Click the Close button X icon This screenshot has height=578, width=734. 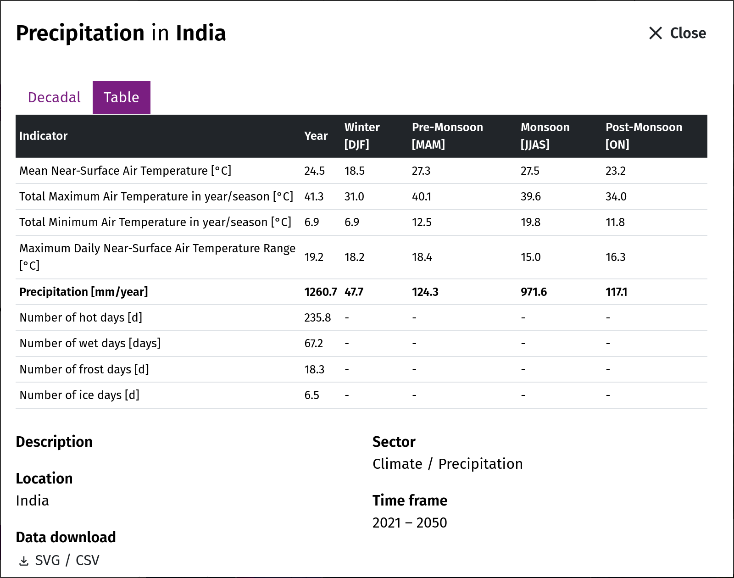pos(655,33)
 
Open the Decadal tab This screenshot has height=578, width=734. pos(54,97)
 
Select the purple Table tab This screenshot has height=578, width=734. pos(122,97)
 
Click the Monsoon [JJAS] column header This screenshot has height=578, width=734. pos(545,136)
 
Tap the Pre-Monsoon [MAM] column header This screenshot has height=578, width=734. pos(447,136)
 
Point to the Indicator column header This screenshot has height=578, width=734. pos(43,136)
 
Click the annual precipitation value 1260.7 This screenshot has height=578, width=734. pos(320,292)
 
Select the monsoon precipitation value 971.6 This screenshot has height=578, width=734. pos(534,292)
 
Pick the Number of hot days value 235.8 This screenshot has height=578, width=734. pos(317,317)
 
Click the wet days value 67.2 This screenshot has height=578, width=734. pos(313,343)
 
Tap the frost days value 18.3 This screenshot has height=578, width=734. pos(314,370)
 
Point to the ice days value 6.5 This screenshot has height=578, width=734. pos(312,395)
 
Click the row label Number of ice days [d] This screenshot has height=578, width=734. pos(79,395)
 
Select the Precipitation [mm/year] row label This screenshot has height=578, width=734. pos(83,292)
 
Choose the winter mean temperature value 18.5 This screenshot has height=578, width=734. pos(354,171)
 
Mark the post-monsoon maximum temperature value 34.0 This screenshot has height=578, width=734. pos(616,196)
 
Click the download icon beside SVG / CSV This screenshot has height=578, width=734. pos(23,561)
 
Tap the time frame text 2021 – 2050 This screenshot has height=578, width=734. pos(410,523)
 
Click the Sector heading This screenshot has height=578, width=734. pos(394,442)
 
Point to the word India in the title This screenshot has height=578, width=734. pos(200,33)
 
